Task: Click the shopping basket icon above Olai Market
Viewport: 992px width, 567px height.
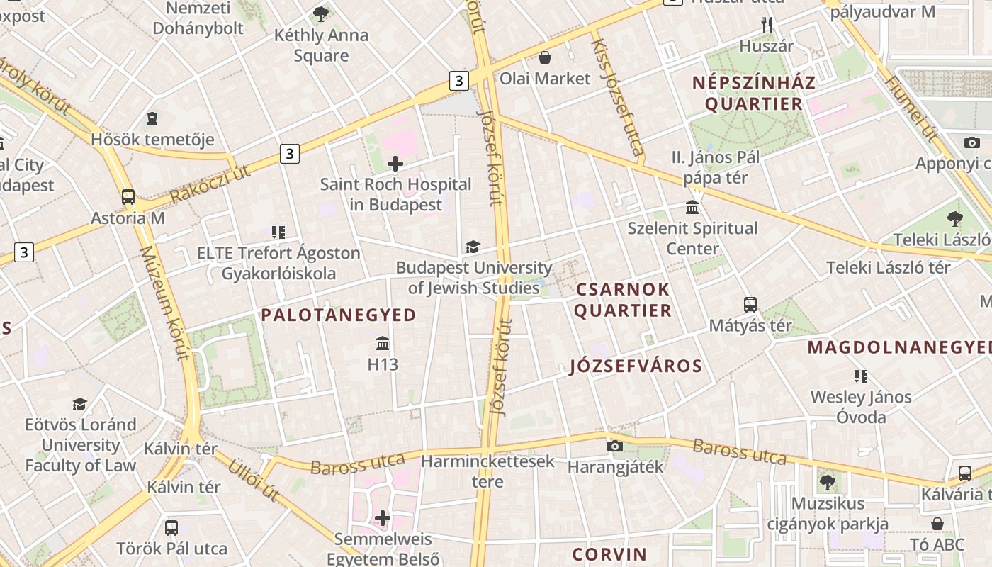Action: (545, 57)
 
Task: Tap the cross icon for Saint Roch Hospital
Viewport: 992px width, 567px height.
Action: (395, 164)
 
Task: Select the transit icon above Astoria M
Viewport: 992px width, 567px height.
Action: (128, 197)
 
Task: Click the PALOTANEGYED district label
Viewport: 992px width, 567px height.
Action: (339, 315)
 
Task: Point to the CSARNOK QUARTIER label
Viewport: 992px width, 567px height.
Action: (623, 300)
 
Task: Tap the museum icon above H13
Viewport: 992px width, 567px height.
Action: (383, 344)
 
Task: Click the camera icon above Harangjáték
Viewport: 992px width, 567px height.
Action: (615, 446)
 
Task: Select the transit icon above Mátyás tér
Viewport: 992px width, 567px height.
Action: (750, 305)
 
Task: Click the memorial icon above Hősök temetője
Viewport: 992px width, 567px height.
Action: (152, 118)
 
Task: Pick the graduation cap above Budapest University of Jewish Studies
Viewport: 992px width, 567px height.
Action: (473, 247)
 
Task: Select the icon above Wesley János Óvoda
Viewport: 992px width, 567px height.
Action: (861, 376)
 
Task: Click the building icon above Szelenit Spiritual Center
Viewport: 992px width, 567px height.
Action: (692, 208)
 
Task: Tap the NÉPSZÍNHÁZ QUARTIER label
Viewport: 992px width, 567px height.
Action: (754, 93)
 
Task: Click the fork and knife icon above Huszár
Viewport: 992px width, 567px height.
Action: (766, 25)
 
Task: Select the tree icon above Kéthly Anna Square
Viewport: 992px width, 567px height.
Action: (321, 13)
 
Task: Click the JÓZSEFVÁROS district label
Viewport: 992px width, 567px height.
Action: (636, 366)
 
